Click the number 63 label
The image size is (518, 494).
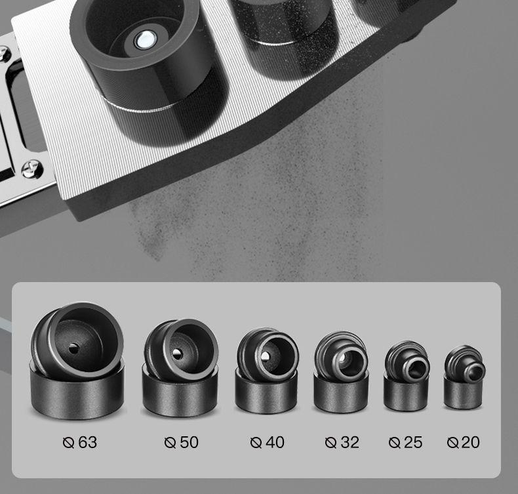coord(88,442)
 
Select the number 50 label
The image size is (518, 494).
coord(189,442)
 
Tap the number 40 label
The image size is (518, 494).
coord(275,442)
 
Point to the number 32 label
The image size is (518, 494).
coord(350,442)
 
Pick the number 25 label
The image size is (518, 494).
coord(413,442)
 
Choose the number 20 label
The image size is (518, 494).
coord(471,442)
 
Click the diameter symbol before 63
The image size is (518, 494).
coord(68,442)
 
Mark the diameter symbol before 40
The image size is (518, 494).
coord(256,442)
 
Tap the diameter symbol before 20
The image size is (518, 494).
coord(452,442)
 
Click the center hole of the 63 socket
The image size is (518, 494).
coord(73,348)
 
